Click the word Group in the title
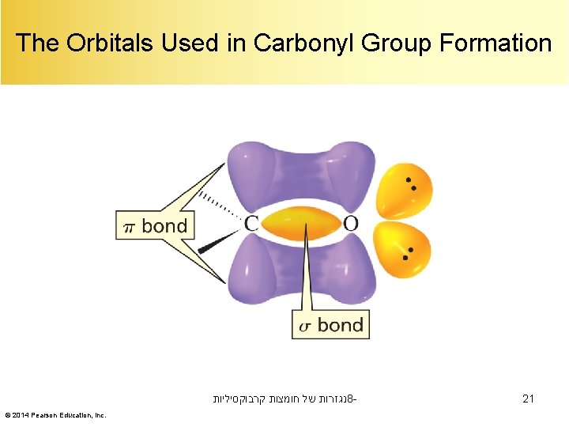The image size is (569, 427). pos(394,43)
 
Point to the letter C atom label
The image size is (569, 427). pos(251,224)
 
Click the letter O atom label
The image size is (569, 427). pos(350,224)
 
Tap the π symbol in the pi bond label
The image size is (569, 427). pos(130,228)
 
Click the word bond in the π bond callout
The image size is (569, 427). pos(164,226)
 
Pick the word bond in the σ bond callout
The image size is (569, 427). pos(340,325)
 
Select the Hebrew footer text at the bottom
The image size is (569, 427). pos(284,399)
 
